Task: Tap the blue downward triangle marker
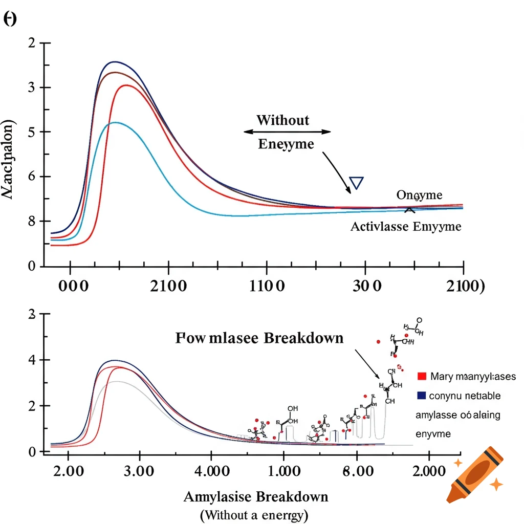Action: click(x=356, y=183)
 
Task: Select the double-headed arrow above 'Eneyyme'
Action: click(x=287, y=132)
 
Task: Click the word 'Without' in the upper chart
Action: click(x=283, y=120)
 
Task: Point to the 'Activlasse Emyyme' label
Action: click(x=405, y=227)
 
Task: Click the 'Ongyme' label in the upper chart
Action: click(x=420, y=195)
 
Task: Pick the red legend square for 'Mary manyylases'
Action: click(x=422, y=376)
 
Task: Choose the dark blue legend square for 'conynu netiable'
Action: click(x=422, y=396)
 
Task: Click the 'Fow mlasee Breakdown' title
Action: click(x=259, y=338)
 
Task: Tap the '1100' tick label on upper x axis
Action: click(x=266, y=286)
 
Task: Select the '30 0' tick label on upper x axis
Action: click(x=367, y=286)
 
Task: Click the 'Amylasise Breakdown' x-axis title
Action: click(x=255, y=497)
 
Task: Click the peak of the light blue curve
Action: click(x=116, y=122)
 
